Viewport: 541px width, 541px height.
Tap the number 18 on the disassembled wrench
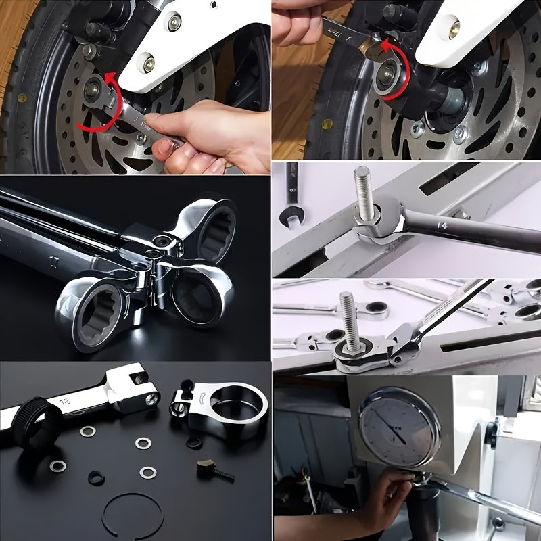(68, 400)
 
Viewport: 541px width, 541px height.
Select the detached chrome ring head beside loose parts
(223, 409)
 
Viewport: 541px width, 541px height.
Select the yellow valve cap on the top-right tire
(327, 124)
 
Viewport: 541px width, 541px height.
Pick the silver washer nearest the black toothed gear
(87, 431)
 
